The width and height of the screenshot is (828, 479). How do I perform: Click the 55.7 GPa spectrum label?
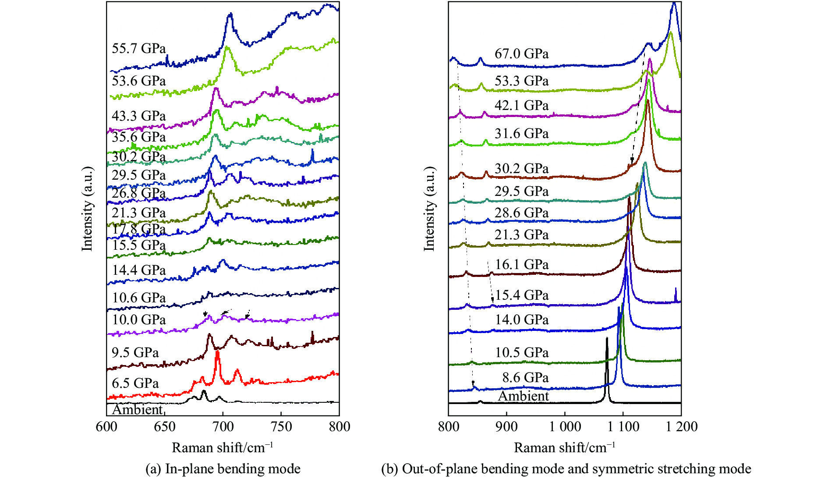click(x=138, y=48)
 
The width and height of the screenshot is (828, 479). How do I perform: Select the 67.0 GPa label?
click(x=521, y=54)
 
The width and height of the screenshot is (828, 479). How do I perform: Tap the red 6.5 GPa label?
click(x=135, y=383)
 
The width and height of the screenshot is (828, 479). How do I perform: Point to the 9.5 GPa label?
click(x=135, y=353)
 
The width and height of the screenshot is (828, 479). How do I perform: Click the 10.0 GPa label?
click(x=138, y=320)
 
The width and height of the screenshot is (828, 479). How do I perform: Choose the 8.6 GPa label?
click(x=525, y=378)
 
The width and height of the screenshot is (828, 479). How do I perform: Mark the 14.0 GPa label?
click(x=521, y=320)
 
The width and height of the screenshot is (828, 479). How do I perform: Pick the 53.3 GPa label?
click(x=521, y=81)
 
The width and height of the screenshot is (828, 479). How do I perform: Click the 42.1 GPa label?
click(x=521, y=106)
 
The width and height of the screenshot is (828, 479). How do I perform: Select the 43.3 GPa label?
click(x=138, y=116)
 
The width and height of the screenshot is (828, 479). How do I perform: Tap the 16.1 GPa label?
click(x=521, y=265)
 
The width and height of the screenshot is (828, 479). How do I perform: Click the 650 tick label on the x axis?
click(x=165, y=427)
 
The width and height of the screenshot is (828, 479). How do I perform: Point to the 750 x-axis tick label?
click(x=281, y=427)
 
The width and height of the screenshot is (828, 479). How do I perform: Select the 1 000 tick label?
click(x=565, y=427)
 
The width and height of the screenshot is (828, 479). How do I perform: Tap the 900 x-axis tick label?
click(x=506, y=427)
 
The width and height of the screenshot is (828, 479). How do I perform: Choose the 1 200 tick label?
click(x=681, y=427)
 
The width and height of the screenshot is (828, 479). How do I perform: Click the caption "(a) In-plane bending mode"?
click(x=223, y=469)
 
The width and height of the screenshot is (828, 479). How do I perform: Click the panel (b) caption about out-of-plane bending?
click(x=566, y=469)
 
